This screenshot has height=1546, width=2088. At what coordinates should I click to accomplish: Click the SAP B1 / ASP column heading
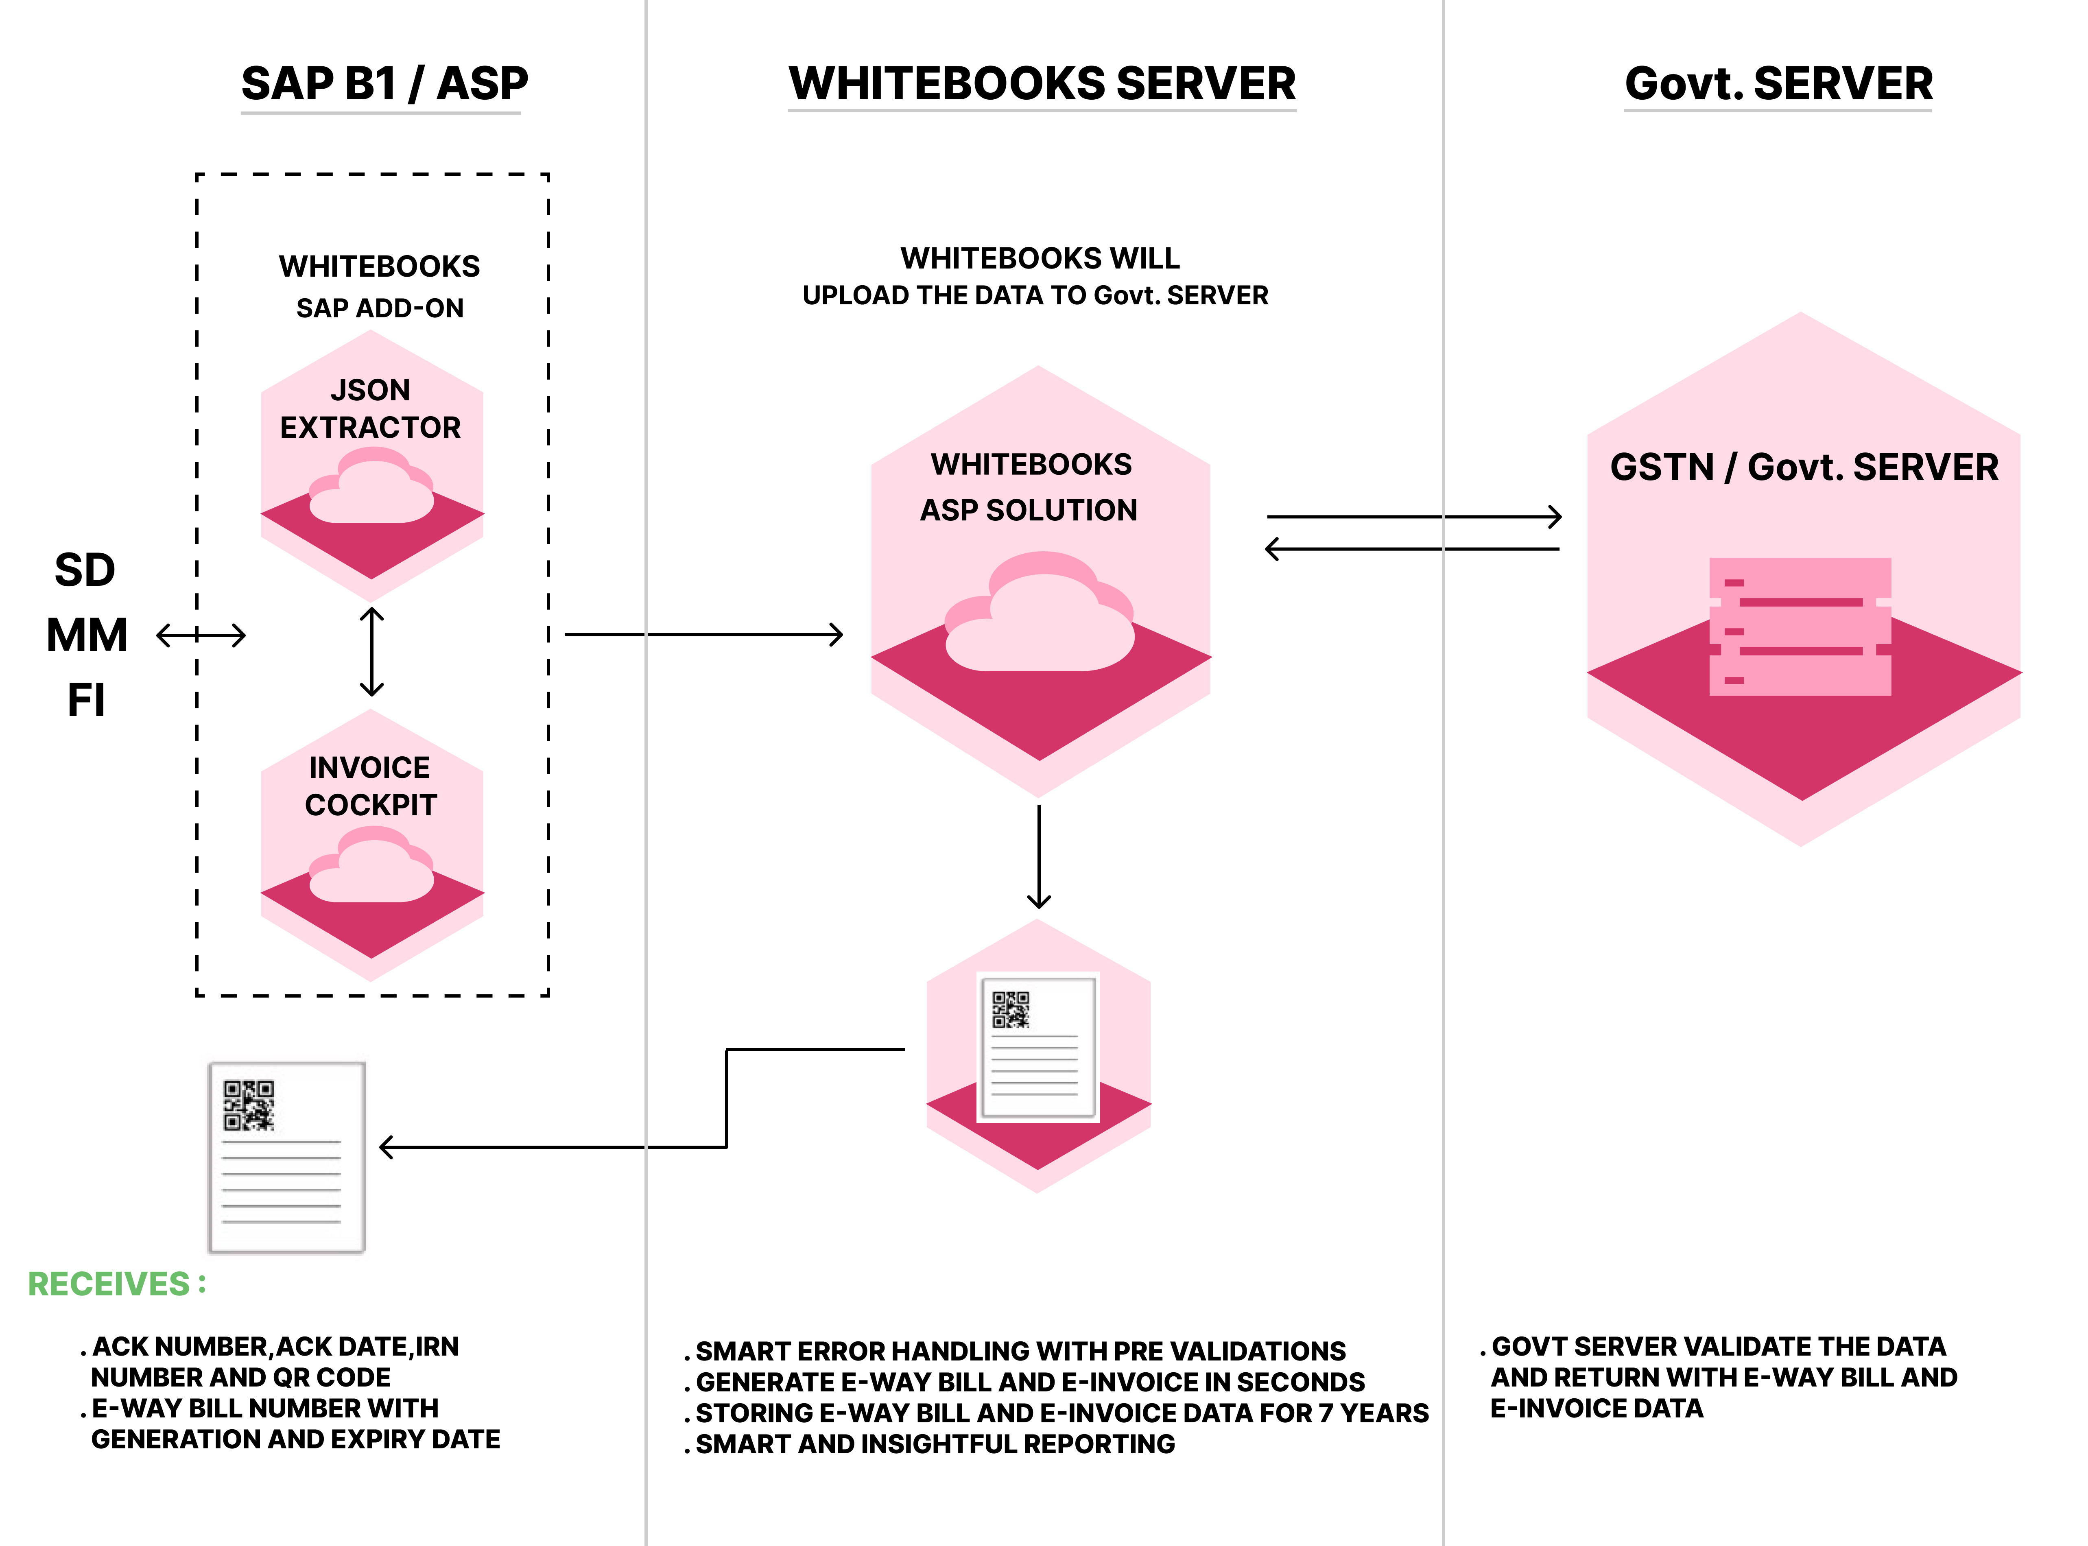(x=384, y=84)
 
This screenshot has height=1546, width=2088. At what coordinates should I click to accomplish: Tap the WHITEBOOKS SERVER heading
(x=1042, y=84)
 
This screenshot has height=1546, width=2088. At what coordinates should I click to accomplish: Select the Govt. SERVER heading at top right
(x=1778, y=84)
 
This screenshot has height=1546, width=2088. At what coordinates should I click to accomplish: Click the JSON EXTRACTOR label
(x=371, y=409)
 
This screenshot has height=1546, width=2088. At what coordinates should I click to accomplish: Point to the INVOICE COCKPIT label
(x=371, y=786)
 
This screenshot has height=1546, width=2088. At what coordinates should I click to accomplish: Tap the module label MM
(x=87, y=635)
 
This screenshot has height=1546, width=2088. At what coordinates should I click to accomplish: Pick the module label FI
(x=86, y=700)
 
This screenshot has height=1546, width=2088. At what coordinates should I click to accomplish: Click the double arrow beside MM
(x=201, y=635)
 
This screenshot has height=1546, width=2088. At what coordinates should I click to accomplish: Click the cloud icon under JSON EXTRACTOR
(x=371, y=487)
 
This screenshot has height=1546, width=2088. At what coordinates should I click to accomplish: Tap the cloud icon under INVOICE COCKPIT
(x=371, y=867)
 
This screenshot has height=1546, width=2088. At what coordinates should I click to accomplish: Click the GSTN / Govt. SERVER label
(x=1804, y=467)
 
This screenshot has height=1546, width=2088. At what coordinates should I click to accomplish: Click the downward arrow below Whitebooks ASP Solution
(x=1039, y=856)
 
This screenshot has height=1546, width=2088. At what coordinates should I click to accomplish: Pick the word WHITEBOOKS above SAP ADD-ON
(x=379, y=267)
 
